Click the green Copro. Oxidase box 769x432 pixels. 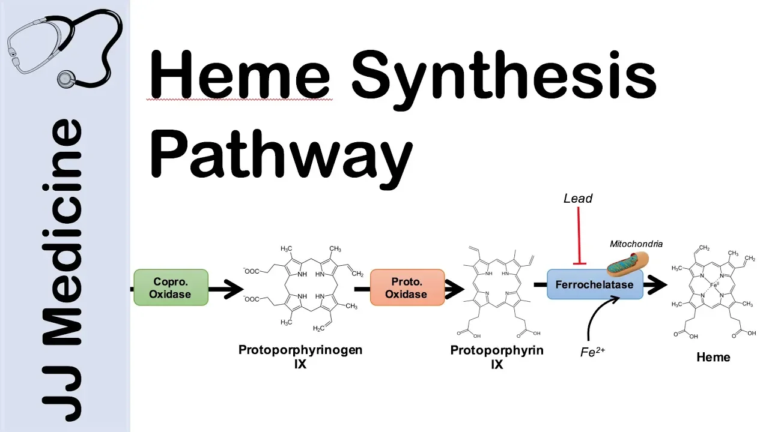tap(171, 288)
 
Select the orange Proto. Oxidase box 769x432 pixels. tap(406, 288)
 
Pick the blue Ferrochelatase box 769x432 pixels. tap(594, 284)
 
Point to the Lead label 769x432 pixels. tap(578, 198)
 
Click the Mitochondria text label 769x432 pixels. tap(636, 244)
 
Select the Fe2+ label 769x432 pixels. tap(592, 353)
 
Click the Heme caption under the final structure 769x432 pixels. tap(713, 358)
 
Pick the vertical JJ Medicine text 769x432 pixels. tap(63, 267)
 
